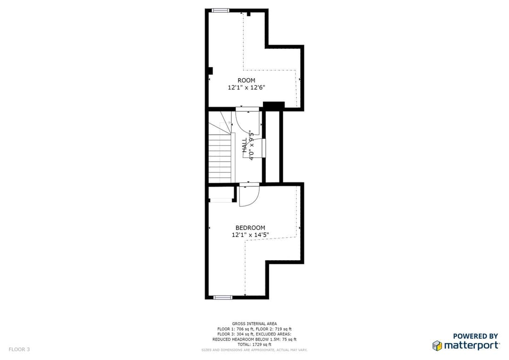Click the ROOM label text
coord(246,81)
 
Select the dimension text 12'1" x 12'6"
coord(246,87)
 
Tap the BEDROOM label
coord(250,228)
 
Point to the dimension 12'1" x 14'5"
coord(250,235)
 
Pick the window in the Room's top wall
coord(221,10)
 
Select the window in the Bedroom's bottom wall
coord(222,297)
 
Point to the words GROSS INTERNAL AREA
coord(254,324)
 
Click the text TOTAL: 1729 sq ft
coord(254,344)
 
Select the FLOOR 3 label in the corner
coord(19,349)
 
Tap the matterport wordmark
coord(471,345)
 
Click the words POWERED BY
coord(476,336)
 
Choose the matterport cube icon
coord(437,345)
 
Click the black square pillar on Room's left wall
coord(210,71)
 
